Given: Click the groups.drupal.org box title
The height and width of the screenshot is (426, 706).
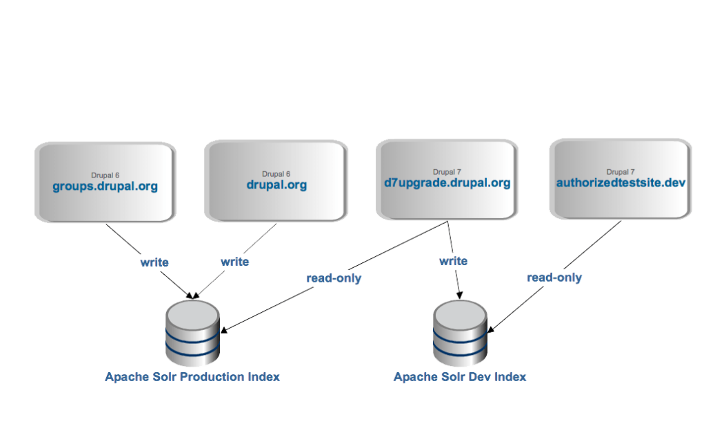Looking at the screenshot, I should (x=105, y=186).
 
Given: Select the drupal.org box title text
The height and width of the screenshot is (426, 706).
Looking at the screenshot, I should (x=276, y=185).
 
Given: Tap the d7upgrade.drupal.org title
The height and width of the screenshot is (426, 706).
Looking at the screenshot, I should (x=447, y=183).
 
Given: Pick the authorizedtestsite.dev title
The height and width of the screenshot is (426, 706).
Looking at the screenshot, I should (x=621, y=183).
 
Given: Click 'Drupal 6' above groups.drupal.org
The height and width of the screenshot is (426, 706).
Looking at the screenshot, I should (x=105, y=175).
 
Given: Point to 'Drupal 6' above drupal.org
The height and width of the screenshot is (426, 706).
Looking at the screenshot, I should (x=276, y=174).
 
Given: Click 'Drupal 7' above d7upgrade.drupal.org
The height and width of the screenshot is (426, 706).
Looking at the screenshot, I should (x=447, y=172).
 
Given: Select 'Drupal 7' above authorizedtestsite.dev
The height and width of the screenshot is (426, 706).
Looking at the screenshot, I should (x=621, y=172).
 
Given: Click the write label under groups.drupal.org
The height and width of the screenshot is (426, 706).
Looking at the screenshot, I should (x=154, y=262).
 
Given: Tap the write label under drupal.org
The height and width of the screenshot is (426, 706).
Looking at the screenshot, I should (x=234, y=262).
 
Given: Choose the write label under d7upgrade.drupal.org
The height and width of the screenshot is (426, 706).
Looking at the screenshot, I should (x=453, y=262).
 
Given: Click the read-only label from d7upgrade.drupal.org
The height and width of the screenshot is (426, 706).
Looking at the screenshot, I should (x=334, y=279).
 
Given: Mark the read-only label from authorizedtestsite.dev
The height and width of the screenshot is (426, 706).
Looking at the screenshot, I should (x=554, y=278).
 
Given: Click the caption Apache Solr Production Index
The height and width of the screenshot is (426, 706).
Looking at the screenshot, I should (x=192, y=377).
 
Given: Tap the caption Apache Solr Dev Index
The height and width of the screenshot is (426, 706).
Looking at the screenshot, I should (x=460, y=377).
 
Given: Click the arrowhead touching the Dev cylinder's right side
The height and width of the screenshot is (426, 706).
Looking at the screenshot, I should (x=491, y=329).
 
